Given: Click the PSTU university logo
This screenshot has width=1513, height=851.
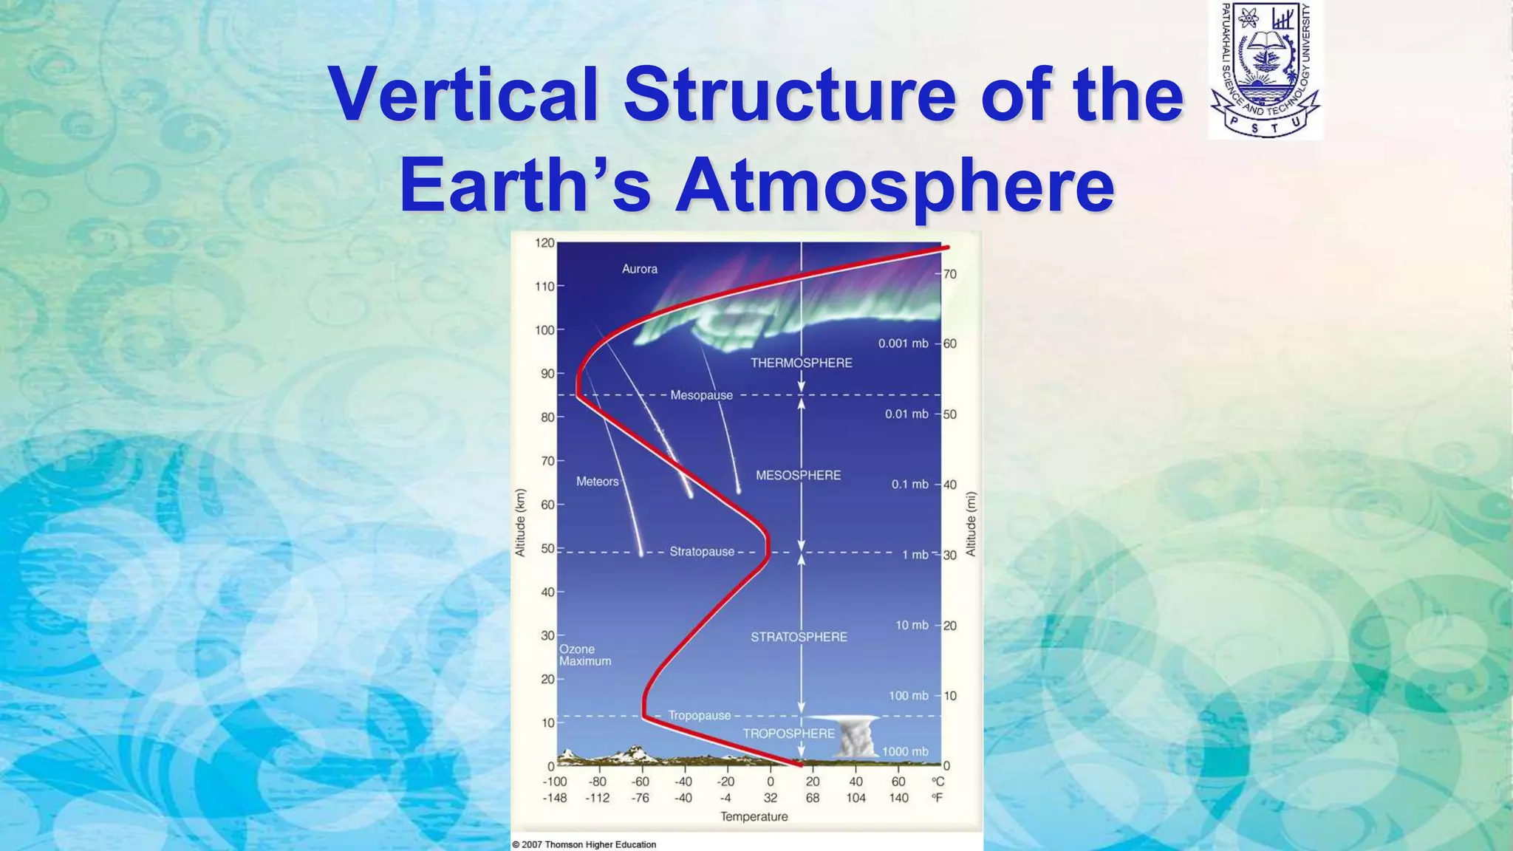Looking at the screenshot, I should pos(1266,70).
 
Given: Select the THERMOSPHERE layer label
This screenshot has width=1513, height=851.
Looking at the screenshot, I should pos(801,363).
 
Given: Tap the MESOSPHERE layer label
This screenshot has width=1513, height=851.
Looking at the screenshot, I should pos(798,475).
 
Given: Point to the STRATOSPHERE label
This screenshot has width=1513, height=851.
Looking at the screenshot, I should pos(799,637).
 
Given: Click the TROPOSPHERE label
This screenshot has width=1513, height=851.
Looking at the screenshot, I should pos(788,734).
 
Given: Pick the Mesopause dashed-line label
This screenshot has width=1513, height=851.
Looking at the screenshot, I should pos(701,395).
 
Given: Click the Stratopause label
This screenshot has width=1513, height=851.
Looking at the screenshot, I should pos(701,552).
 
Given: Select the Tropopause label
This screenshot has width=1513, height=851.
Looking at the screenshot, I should pos(699,715).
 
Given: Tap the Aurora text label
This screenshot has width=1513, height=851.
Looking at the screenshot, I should pos(639,269).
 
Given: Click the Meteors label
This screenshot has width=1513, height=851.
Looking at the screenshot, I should pos(597,482).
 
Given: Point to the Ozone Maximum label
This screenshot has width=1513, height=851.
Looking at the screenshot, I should pos(584,655).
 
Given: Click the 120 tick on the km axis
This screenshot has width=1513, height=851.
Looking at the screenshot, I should pos(544,243).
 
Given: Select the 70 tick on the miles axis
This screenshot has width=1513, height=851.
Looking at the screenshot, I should pos(950,274).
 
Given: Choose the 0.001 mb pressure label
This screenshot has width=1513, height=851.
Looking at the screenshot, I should pos(903,344).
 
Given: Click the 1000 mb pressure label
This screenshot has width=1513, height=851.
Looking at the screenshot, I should pos(905,751).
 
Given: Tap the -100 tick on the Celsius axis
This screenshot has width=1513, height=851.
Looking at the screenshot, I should pos(555,782).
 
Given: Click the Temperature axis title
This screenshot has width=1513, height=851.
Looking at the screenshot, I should pos(754,816).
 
